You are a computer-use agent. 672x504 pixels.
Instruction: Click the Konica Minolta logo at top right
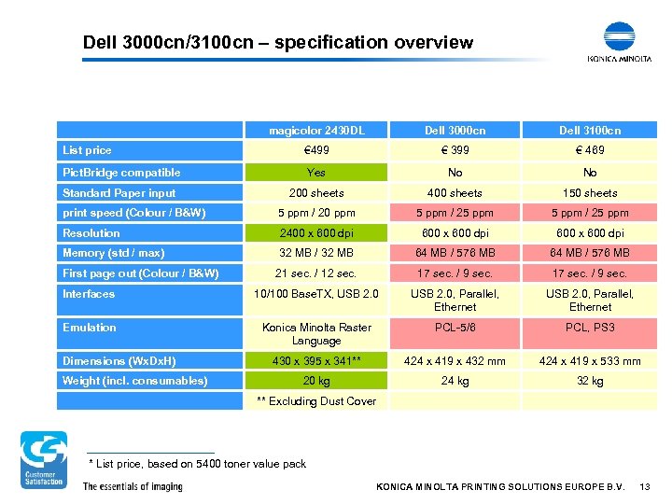(619, 42)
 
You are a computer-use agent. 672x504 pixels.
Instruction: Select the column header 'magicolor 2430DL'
(316, 131)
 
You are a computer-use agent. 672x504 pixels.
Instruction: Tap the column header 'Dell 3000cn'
(455, 131)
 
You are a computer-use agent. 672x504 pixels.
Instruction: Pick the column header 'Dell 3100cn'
(590, 131)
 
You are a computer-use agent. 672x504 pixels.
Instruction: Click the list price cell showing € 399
(455, 150)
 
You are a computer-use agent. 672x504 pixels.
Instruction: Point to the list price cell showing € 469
(590, 150)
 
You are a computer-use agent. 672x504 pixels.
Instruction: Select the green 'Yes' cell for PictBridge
(316, 173)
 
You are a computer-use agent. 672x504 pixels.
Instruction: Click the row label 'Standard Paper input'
(119, 193)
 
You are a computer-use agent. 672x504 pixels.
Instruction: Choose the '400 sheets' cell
(455, 193)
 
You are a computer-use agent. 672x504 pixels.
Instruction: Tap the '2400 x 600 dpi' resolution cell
(316, 233)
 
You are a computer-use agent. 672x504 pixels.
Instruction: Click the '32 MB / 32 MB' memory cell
(316, 253)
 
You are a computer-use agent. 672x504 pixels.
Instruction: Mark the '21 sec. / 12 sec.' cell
(316, 273)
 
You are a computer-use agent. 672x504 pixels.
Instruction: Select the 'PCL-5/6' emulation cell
(455, 328)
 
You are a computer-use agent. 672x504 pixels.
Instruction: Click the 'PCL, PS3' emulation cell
(590, 328)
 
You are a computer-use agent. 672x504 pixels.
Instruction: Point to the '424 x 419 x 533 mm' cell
(590, 361)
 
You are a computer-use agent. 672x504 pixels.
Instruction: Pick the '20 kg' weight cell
(316, 381)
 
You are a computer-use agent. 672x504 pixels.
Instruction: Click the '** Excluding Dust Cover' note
(316, 401)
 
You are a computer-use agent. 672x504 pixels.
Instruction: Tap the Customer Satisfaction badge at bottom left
(44, 459)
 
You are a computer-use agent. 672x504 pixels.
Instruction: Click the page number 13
(644, 487)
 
